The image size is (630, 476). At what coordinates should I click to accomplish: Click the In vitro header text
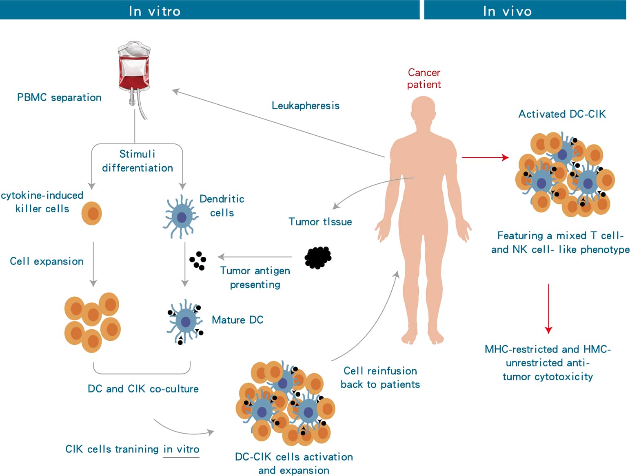click(155, 11)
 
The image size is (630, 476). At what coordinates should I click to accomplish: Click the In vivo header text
click(507, 11)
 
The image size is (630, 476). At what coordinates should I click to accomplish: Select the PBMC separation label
click(59, 97)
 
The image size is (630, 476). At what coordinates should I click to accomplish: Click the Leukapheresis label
click(306, 106)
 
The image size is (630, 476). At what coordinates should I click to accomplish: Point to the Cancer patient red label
click(424, 78)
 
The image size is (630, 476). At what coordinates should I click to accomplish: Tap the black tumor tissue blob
click(318, 258)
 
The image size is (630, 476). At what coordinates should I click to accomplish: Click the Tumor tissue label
click(320, 222)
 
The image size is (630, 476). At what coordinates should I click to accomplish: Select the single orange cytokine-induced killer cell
click(92, 213)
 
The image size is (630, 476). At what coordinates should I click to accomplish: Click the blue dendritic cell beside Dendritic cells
click(181, 217)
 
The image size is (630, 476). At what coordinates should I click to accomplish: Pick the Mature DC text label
click(237, 320)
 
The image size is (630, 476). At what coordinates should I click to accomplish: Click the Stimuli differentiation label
click(138, 161)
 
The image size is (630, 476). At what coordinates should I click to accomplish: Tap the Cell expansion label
click(47, 261)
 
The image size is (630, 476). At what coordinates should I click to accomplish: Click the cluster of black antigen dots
click(198, 260)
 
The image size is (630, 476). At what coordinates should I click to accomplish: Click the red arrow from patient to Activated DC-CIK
click(485, 157)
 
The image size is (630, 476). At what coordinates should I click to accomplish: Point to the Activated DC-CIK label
click(562, 114)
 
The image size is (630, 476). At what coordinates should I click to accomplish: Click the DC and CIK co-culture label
click(143, 389)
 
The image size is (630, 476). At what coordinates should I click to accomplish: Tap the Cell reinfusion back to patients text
click(380, 377)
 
